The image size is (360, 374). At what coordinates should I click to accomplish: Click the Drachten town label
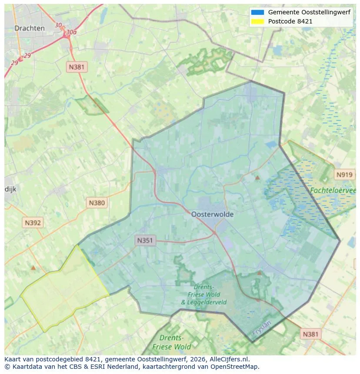30,28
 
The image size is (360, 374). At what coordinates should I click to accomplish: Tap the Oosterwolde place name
212,214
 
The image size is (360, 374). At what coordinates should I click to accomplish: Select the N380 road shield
97,202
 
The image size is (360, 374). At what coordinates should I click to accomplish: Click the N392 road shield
33,223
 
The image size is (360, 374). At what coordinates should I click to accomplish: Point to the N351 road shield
145,240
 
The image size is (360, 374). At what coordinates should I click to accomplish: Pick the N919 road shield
344,175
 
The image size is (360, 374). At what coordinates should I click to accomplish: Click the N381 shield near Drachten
77,67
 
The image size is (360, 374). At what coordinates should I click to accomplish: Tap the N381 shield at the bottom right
310,334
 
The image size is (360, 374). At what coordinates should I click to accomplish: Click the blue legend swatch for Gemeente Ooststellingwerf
257,12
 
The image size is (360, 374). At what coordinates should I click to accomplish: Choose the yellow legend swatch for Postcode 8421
257,21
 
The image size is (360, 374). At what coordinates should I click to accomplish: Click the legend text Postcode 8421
290,21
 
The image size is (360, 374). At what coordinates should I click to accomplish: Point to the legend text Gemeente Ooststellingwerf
309,12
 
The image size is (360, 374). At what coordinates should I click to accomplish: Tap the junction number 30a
71,32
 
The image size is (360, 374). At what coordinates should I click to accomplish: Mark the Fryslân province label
261,330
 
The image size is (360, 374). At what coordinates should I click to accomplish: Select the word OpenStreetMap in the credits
236,367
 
